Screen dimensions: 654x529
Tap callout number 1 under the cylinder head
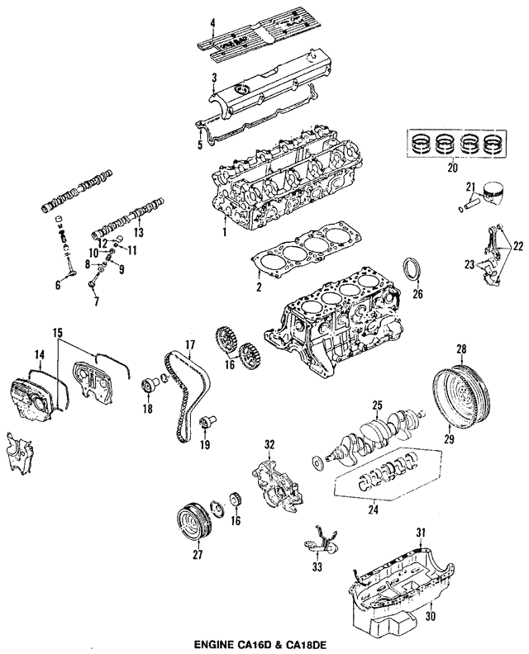[224, 234]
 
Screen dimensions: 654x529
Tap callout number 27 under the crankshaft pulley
[198, 555]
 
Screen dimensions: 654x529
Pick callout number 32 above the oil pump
[268, 446]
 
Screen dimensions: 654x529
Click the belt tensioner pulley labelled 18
[150, 384]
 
